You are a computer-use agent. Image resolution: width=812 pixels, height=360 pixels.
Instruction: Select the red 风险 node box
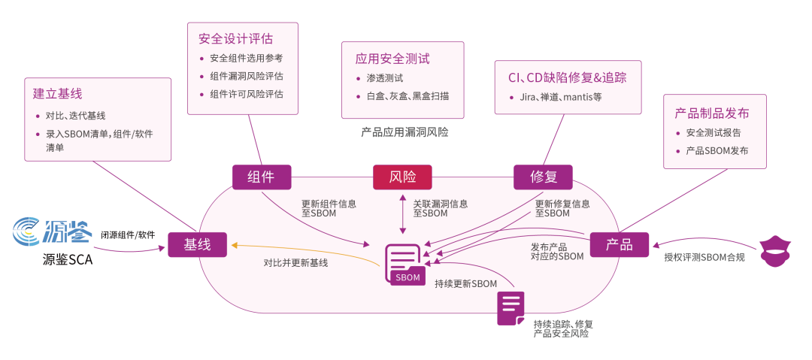click(402, 177)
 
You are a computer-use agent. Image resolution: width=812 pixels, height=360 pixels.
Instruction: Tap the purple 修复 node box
click(542, 177)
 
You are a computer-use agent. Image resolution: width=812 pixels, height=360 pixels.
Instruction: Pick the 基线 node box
click(197, 244)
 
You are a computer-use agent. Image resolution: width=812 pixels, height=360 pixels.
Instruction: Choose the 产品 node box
click(619, 244)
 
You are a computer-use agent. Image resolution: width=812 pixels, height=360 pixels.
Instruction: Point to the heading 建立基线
click(58, 94)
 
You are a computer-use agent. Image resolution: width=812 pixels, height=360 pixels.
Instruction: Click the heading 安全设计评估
click(235, 38)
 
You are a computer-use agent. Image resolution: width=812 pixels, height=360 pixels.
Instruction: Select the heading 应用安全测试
click(392, 58)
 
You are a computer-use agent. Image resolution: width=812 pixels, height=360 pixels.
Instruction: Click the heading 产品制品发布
click(711, 113)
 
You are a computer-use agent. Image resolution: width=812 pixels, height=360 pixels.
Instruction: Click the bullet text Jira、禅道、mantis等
click(560, 97)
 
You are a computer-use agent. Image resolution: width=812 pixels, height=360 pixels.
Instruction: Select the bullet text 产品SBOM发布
click(717, 151)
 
